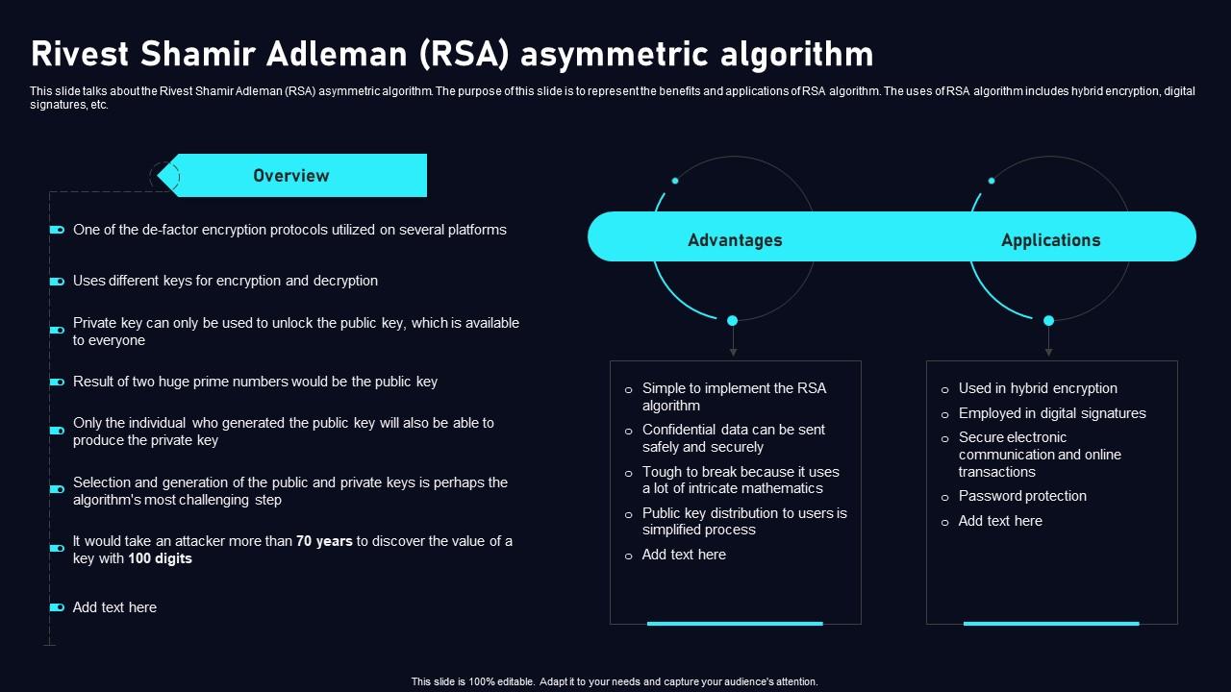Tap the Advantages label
click(735, 240)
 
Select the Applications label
click(1050, 240)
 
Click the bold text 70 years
click(324, 541)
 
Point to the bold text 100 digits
click(160, 558)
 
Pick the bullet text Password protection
click(1022, 496)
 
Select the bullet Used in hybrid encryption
click(1038, 388)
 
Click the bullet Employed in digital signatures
click(1052, 413)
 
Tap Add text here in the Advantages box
click(684, 555)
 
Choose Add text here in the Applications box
click(1000, 521)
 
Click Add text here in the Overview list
click(114, 607)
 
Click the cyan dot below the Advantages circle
click(733, 320)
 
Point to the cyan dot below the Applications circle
click(1049, 320)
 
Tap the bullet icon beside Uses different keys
click(57, 282)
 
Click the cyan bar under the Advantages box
click(735, 624)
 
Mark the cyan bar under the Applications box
click(1051, 624)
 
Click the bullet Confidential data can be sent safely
click(734, 438)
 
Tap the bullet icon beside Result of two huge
click(57, 383)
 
